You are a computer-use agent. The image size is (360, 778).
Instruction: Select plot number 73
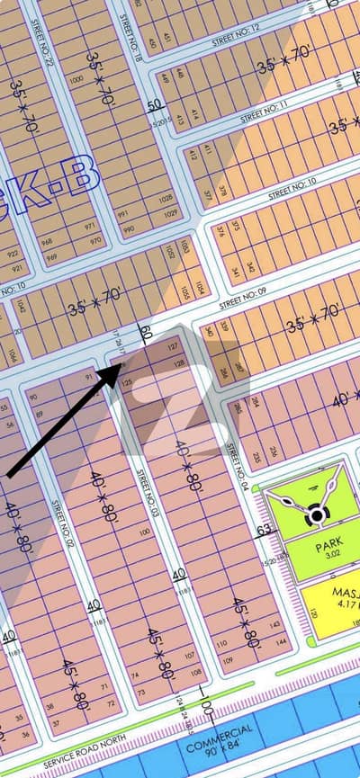pos(141,693)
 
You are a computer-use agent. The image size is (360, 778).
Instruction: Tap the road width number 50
pos(155,104)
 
